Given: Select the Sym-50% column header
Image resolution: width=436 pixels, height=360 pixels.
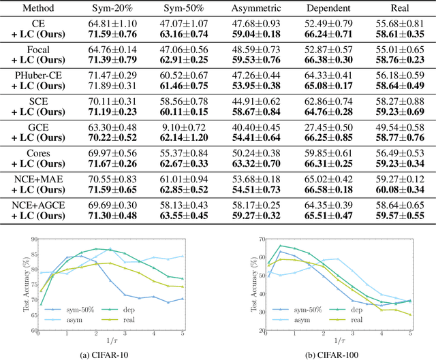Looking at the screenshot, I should [179, 11].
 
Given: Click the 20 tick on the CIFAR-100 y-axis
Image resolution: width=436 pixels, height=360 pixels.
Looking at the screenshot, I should [254, 330].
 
